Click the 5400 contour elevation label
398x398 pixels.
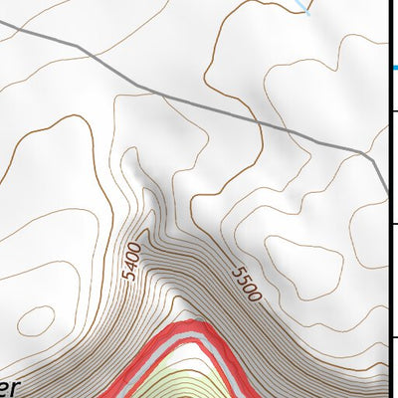(131, 261)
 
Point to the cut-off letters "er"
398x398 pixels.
(7, 386)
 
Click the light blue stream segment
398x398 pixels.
(303, 7)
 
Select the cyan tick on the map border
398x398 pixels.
(392, 69)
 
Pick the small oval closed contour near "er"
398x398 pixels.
(37, 320)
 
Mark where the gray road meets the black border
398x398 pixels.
(388, 194)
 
